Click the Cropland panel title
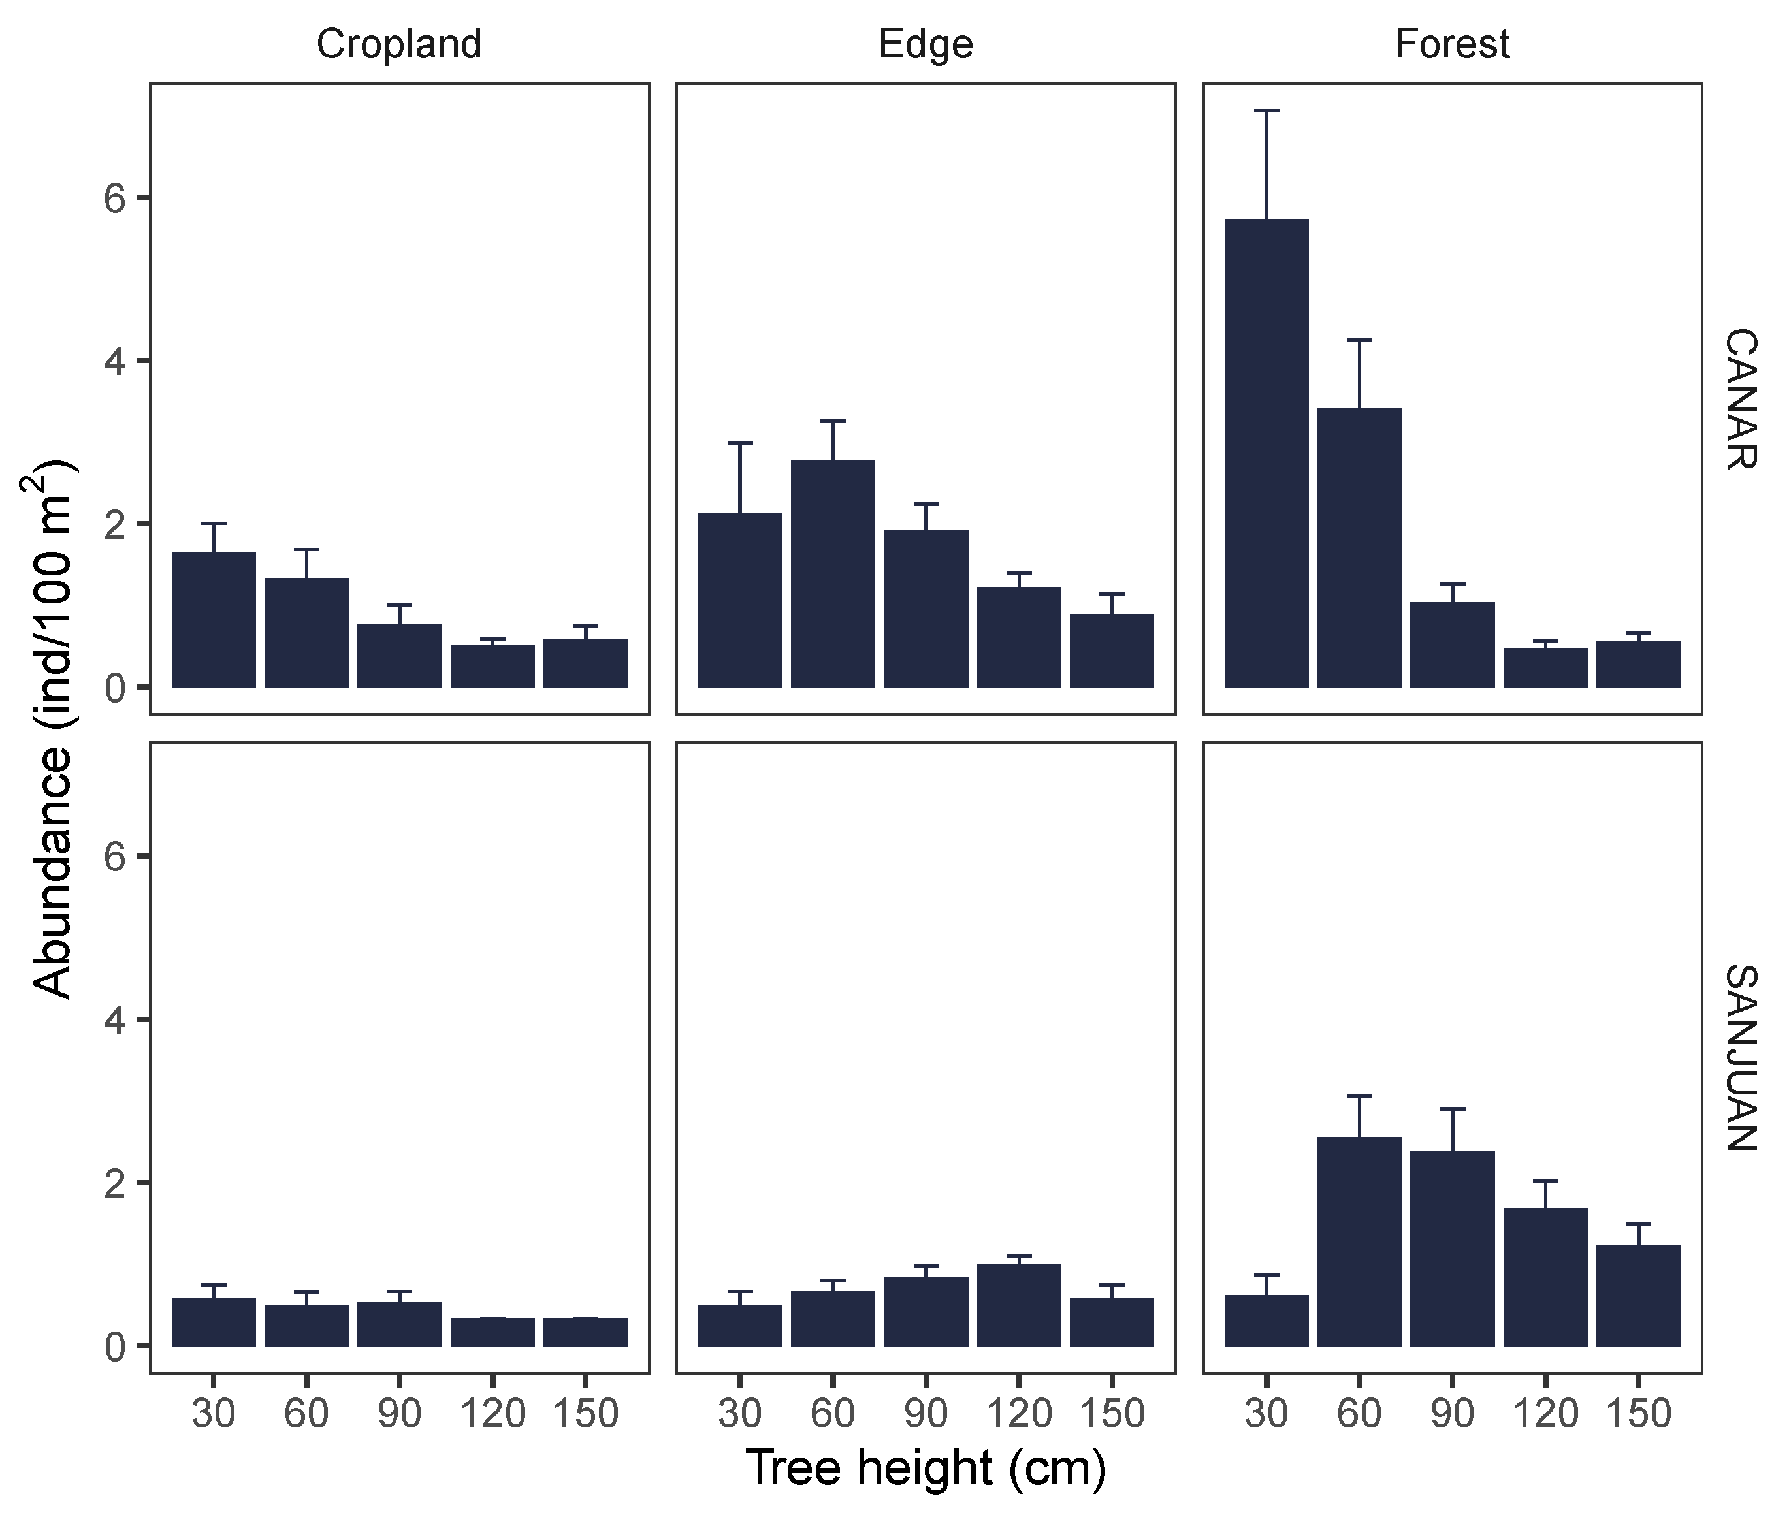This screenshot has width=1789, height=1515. (x=398, y=44)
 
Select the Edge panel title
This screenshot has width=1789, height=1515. (x=925, y=44)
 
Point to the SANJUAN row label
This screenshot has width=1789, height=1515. (x=1741, y=1057)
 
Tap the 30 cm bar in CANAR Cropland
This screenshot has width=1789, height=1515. (x=213, y=620)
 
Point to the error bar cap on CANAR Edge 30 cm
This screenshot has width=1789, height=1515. (x=739, y=443)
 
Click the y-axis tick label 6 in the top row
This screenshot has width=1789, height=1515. (x=115, y=199)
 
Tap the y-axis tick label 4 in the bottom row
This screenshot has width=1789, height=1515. (x=115, y=1020)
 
